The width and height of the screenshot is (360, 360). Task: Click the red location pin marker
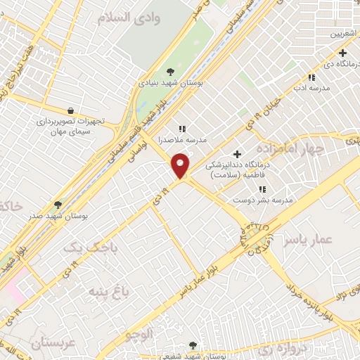click(x=181, y=165)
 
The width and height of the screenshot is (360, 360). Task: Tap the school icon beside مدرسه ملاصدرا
click(x=182, y=129)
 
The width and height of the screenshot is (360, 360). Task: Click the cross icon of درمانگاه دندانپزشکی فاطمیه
click(x=237, y=154)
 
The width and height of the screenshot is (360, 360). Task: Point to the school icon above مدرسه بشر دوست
click(x=262, y=189)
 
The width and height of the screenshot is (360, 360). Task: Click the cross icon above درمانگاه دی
click(x=342, y=53)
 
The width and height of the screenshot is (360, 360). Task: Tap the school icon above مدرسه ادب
click(x=311, y=77)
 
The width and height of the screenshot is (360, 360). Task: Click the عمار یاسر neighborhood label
click(x=307, y=240)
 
